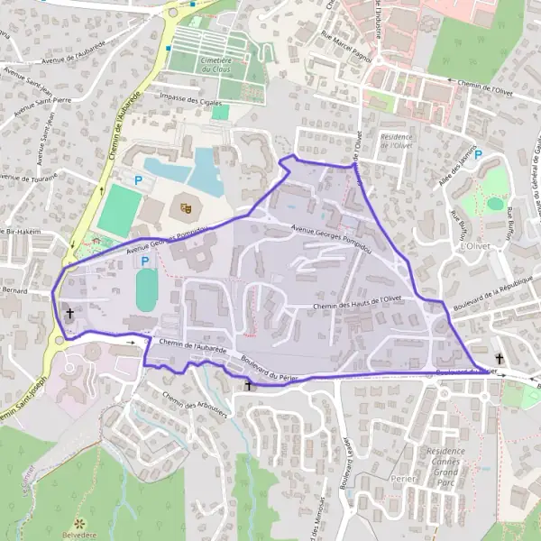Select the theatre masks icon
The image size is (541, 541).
[x=186, y=207]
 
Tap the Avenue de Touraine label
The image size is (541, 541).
[x=28, y=177]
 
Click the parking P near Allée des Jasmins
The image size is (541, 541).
[x=479, y=154]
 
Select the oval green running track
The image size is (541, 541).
[x=146, y=291]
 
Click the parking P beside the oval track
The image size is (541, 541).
[x=145, y=261]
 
